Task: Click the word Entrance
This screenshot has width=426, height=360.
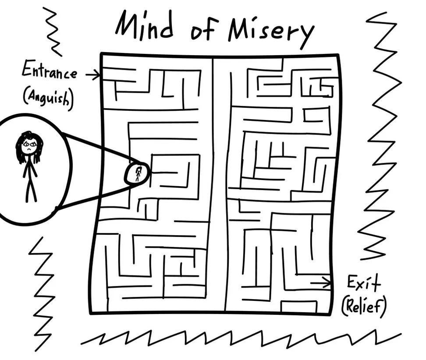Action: point(49,72)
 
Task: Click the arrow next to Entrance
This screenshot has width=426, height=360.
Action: point(92,76)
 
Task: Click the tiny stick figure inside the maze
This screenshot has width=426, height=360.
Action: point(138,174)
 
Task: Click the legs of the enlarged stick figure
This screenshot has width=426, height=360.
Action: point(30,188)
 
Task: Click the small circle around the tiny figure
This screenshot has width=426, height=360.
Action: point(137,173)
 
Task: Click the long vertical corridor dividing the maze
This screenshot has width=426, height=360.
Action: point(220,184)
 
